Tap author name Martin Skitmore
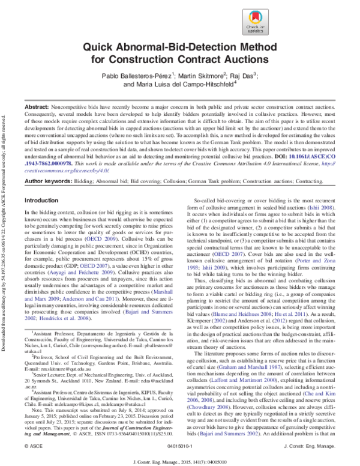pyautogui.click(x=201, y=76)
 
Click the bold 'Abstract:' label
pyautogui.click(x=38, y=106)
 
